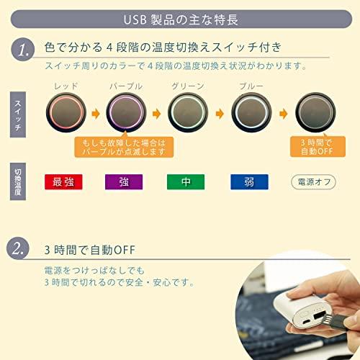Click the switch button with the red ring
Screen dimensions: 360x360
66,112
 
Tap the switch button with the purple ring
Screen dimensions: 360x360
126,112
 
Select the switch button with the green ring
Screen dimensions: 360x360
188,112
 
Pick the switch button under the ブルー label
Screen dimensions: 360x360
251,112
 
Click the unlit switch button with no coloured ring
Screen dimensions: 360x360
315,112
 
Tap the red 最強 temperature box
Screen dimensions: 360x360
63,182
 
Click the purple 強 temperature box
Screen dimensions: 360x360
124,182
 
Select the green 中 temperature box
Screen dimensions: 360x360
186,182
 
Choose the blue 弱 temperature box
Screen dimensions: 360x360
249,182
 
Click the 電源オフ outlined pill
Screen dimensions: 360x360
313,182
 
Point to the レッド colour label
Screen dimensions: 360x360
66,86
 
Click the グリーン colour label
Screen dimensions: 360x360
188,86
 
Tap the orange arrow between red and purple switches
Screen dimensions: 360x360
96,114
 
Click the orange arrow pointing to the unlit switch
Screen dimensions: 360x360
284,114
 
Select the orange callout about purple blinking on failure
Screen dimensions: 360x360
124,147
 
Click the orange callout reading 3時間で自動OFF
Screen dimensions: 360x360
318,147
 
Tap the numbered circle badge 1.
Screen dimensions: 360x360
23,50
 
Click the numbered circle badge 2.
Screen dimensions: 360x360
18,248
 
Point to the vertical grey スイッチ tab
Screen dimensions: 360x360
18,114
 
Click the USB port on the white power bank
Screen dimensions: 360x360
318,316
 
